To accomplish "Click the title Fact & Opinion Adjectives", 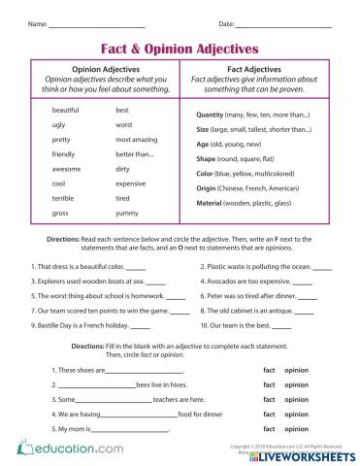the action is tap(180, 47).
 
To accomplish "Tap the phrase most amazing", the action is tap(136, 140).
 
